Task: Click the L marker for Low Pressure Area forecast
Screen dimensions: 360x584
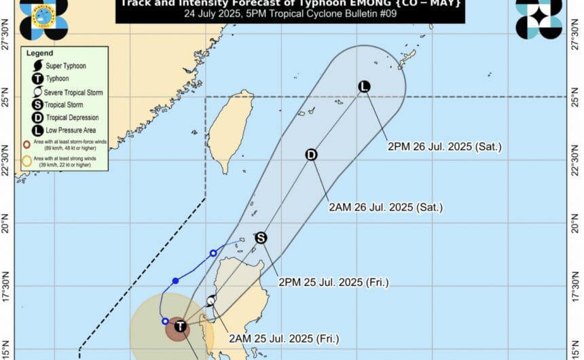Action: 364,86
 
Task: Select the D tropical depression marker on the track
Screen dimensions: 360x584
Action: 311,155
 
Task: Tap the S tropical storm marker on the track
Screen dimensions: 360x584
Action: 261,238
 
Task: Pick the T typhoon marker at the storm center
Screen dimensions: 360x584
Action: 180,327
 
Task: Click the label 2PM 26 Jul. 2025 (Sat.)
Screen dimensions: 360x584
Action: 444,146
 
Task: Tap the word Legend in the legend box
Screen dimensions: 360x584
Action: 39,53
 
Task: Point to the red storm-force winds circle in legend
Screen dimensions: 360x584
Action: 26,144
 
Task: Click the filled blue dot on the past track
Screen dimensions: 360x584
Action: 175,281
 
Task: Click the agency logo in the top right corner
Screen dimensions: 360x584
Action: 539,18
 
